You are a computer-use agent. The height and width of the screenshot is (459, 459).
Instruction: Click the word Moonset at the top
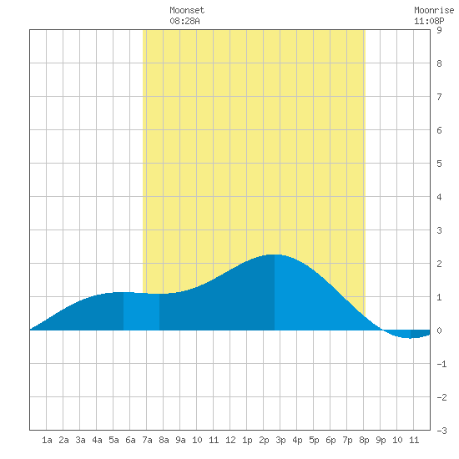point(187,10)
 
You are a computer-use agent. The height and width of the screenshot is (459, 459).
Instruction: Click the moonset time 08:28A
point(184,21)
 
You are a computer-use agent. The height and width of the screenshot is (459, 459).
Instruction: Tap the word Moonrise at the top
point(434,10)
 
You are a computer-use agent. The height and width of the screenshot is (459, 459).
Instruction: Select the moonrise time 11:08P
point(429,21)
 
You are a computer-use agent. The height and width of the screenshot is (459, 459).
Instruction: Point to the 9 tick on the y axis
point(439,30)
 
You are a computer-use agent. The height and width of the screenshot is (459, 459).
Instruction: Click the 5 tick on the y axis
point(439,164)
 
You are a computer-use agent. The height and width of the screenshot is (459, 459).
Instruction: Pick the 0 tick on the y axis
point(439,330)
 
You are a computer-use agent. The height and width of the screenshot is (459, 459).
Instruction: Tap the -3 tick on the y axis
point(441,431)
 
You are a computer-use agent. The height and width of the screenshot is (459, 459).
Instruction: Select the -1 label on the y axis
point(441,364)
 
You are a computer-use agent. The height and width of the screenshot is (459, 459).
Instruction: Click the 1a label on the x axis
point(47,440)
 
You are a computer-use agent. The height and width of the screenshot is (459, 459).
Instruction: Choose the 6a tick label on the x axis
point(130,440)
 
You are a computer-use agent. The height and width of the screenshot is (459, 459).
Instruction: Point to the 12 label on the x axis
point(230,440)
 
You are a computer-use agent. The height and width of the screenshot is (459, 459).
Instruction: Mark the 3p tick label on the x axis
point(280,440)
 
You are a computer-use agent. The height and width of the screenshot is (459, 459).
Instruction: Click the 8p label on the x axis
point(364,440)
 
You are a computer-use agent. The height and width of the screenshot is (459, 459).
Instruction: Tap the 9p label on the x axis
point(381,440)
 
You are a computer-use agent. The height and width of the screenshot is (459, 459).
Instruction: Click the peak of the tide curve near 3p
point(275,255)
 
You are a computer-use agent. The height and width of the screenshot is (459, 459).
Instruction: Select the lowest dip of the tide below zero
point(409,338)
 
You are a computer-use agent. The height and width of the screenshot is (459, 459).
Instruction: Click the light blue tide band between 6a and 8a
point(141,311)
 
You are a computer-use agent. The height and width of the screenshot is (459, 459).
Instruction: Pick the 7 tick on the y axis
point(439,97)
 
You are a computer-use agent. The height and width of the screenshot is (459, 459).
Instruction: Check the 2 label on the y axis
point(439,264)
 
